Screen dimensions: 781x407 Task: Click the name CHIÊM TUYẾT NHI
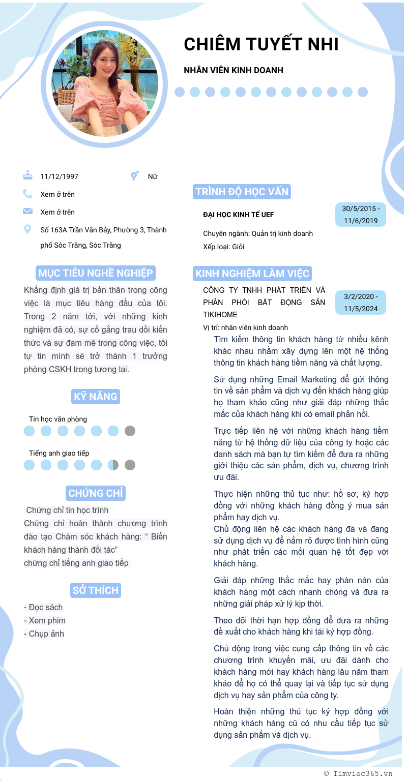[261, 45]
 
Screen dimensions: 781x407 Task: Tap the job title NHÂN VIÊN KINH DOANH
[234, 70]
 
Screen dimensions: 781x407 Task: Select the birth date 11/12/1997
[60, 176]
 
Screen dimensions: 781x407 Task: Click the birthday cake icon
[27, 175]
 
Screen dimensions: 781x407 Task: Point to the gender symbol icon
[134, 176]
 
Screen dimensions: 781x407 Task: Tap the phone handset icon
[27, 194]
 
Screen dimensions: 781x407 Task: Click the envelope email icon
[27, 212]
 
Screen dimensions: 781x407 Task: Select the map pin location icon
[27, 230]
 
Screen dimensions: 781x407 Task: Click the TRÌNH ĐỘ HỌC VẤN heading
[242, 192]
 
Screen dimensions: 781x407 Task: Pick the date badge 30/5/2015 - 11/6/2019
[361, 215]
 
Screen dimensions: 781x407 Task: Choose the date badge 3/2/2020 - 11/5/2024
[361, 303]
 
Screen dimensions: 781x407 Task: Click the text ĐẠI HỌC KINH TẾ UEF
[239, 215]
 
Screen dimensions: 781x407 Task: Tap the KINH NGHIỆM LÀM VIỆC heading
[252, 274]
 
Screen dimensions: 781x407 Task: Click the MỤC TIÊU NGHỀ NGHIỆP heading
[96, 273]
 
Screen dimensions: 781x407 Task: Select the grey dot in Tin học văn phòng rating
[130, 431]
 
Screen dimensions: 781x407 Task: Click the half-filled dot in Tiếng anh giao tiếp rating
[113, 465]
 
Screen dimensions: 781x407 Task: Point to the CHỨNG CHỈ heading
[96, 493]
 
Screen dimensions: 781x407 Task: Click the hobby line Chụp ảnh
[44, 634]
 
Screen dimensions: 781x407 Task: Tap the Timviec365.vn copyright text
[358, 773]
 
